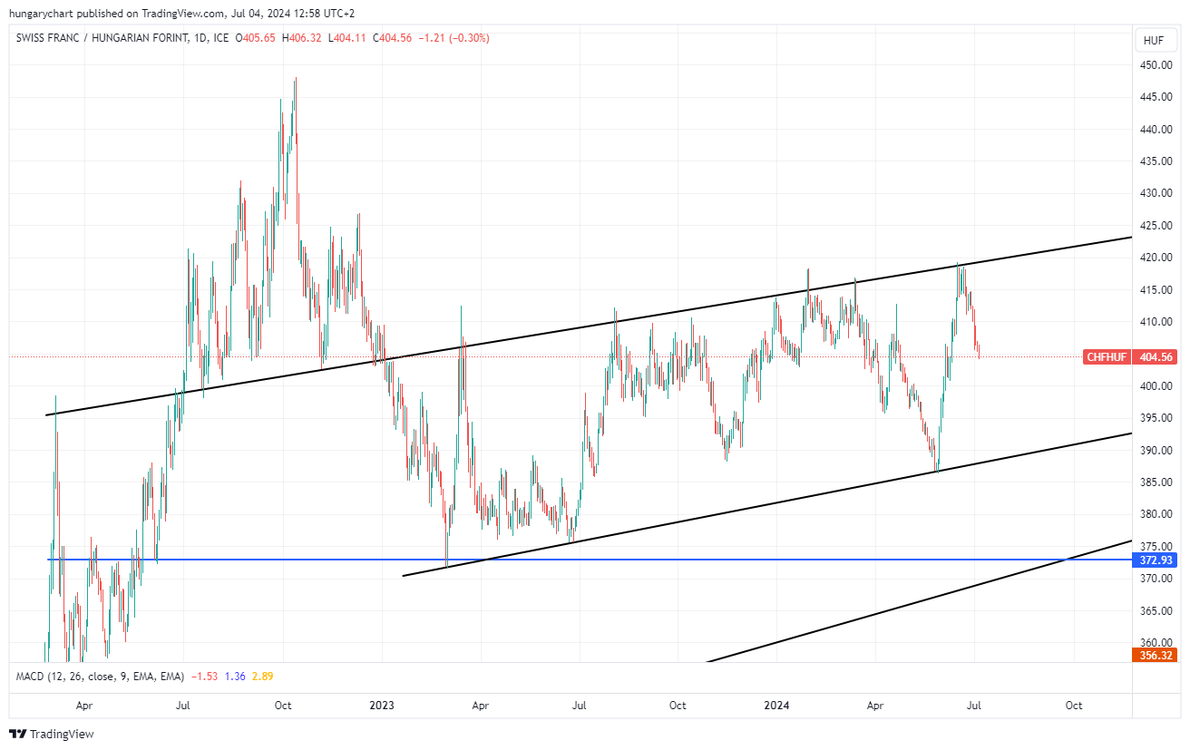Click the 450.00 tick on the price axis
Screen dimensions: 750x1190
point(1155,65)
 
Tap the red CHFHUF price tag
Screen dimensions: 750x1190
point(1106,357)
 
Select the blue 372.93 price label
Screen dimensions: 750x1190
point(1155,560)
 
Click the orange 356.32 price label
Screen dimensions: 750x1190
point(1155,656)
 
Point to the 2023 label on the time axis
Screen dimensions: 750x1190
point(382,705)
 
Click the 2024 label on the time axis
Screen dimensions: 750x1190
point(777,705)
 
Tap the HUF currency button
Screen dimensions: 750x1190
point(1154,41)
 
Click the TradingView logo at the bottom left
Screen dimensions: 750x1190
point(52,734)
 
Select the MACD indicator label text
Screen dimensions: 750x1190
point(100,677)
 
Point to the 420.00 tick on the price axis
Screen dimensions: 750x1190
point(1155,258)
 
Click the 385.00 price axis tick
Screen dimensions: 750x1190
point(1155,482)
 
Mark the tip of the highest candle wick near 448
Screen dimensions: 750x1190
point(296,78)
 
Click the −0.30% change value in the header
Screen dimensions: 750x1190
point(471,38)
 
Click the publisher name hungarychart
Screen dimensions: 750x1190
point(42,13)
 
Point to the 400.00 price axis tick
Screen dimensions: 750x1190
point(1155,386)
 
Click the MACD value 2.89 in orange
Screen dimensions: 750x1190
point(263,677)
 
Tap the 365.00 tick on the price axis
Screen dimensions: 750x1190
point(1155,610)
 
